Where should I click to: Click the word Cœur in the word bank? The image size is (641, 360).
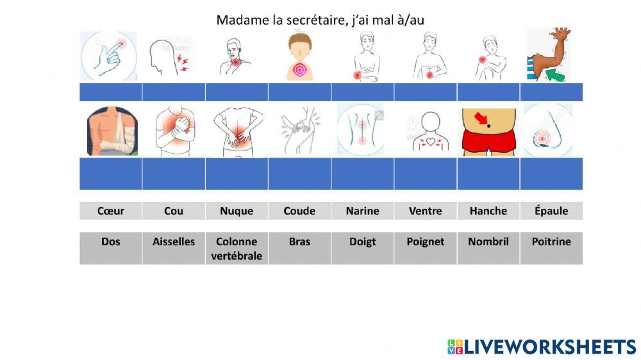[110, 211]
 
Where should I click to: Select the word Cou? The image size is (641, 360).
[173, 211]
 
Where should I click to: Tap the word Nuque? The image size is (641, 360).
[236, 211]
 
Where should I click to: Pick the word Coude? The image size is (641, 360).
[299, 211]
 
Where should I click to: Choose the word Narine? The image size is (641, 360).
[362, 211]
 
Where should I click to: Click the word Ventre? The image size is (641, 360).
[425, 211]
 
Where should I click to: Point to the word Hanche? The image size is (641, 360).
[488, 211]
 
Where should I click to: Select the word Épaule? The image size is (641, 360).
[551, 211]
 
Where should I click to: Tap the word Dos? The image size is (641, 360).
[110, 241]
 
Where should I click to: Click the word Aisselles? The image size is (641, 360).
[173, 241]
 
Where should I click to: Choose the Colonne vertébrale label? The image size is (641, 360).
[236, 249]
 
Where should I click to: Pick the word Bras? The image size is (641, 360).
[299, 241]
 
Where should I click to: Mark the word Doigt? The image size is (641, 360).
[362, 241]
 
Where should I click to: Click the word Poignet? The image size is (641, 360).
[425, 241]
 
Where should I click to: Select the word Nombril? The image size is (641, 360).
[488, 241]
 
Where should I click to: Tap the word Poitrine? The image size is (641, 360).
[551, 241]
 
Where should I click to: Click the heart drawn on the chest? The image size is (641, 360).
[426, 140]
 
